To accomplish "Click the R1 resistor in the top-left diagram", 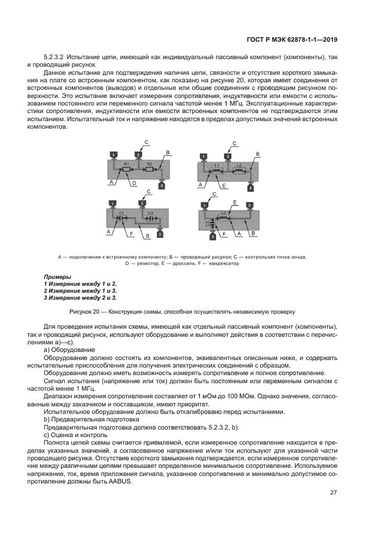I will tap(126, 170).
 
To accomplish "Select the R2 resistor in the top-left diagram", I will tap(148, 170).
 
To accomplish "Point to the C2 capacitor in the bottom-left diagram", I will tap(150, 219).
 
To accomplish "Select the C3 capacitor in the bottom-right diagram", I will tap(213, 224).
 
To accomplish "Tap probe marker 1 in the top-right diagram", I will tap(203, 157).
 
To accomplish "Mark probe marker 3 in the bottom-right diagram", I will tap(213, 237).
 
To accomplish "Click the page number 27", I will tap(333, 493).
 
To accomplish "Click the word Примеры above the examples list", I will tap(57, 277).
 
